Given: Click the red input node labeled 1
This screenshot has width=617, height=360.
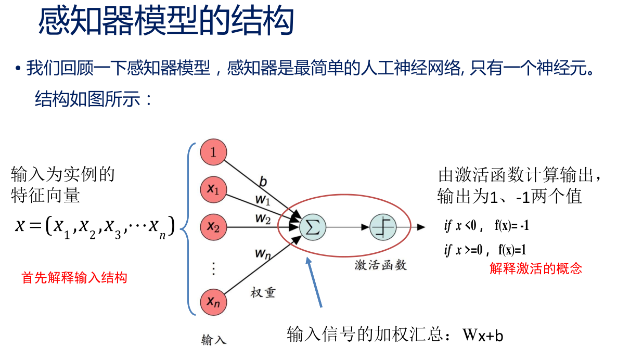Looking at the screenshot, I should (213, 153).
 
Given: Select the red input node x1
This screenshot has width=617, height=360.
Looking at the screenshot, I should (213, 190).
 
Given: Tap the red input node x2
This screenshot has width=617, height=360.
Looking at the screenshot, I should (213, 227).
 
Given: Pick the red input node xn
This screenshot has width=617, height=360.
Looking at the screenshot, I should (213, 302).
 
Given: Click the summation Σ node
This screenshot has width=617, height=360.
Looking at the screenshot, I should (313, 227).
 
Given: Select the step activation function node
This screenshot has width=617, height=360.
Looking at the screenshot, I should (383, 227).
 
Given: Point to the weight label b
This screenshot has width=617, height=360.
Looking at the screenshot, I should (263, 182).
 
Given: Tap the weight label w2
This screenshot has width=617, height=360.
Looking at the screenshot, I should (262, 220).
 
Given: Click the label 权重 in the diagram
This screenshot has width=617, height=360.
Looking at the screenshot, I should (263, 292).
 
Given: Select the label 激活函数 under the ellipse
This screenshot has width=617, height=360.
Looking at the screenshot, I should (380, 265).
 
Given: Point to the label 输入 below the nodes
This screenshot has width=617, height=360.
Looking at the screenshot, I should (214, 341).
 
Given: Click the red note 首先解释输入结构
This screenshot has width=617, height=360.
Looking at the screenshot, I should (74, 278).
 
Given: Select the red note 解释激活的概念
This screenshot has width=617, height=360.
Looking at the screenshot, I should (536, 268).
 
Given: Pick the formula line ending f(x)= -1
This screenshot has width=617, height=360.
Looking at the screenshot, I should (486, 226).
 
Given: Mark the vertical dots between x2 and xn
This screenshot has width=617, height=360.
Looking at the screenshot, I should (213, 268).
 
